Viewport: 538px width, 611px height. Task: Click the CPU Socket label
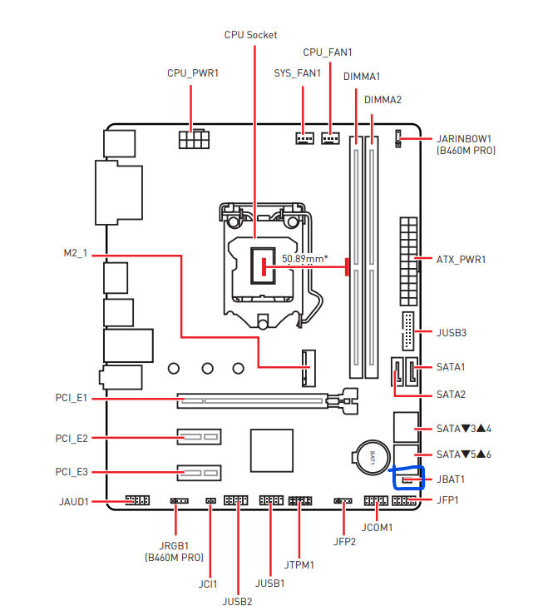click(250, 35)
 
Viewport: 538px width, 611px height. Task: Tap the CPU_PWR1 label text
click(193, 73)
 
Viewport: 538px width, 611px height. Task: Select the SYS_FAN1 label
click(298, 73)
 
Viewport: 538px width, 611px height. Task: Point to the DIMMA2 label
click(383, 100)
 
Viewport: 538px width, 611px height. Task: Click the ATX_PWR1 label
click(461, 260)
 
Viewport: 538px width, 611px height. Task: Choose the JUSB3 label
click(452, 333)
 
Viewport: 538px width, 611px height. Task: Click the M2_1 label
click(75, 252)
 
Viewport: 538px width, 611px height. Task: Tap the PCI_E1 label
click(72, 400)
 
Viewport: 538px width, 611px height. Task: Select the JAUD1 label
click(74, 502)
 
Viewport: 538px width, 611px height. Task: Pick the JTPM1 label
click(299, 565)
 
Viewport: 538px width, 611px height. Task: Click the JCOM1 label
click(377, 528)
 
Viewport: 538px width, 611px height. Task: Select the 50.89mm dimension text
click(304, 259)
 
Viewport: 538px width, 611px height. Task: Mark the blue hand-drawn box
click(408, 477)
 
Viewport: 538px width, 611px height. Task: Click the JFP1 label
click(447, 500)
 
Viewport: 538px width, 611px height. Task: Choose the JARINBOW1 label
click(465, 138)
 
